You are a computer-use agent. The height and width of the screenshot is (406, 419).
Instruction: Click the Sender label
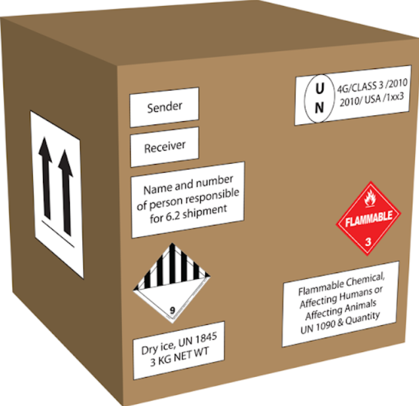coord(164,107)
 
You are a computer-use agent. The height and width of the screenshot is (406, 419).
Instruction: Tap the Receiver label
coord(165,147)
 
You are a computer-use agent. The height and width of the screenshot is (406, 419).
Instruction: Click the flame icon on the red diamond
coord(369,197)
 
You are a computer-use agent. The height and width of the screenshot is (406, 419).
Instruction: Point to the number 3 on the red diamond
coord(368,241)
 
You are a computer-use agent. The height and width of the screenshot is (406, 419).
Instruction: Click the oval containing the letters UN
coord(318,99)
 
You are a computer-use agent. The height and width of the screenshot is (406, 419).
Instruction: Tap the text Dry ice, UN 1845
coord(179,343)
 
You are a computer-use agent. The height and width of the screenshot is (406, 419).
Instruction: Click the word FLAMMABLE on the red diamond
coord(368,217)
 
